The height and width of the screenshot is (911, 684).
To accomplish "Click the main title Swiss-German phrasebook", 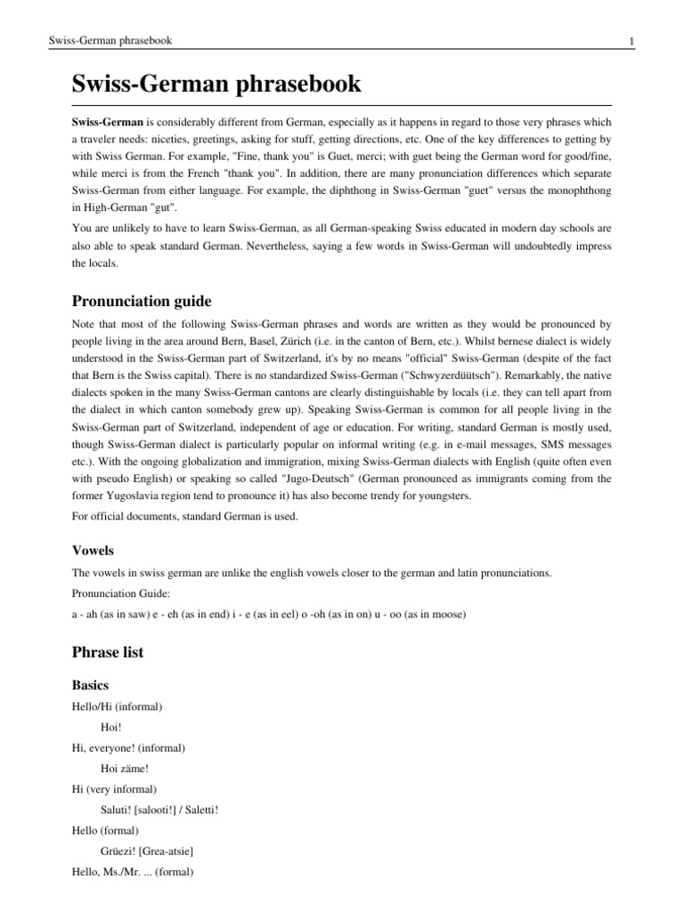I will (x=216, y=85).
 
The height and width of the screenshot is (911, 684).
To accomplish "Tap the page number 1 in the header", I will (x=631, y=41).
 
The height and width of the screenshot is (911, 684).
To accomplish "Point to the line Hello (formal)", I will (x=104, y=829).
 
